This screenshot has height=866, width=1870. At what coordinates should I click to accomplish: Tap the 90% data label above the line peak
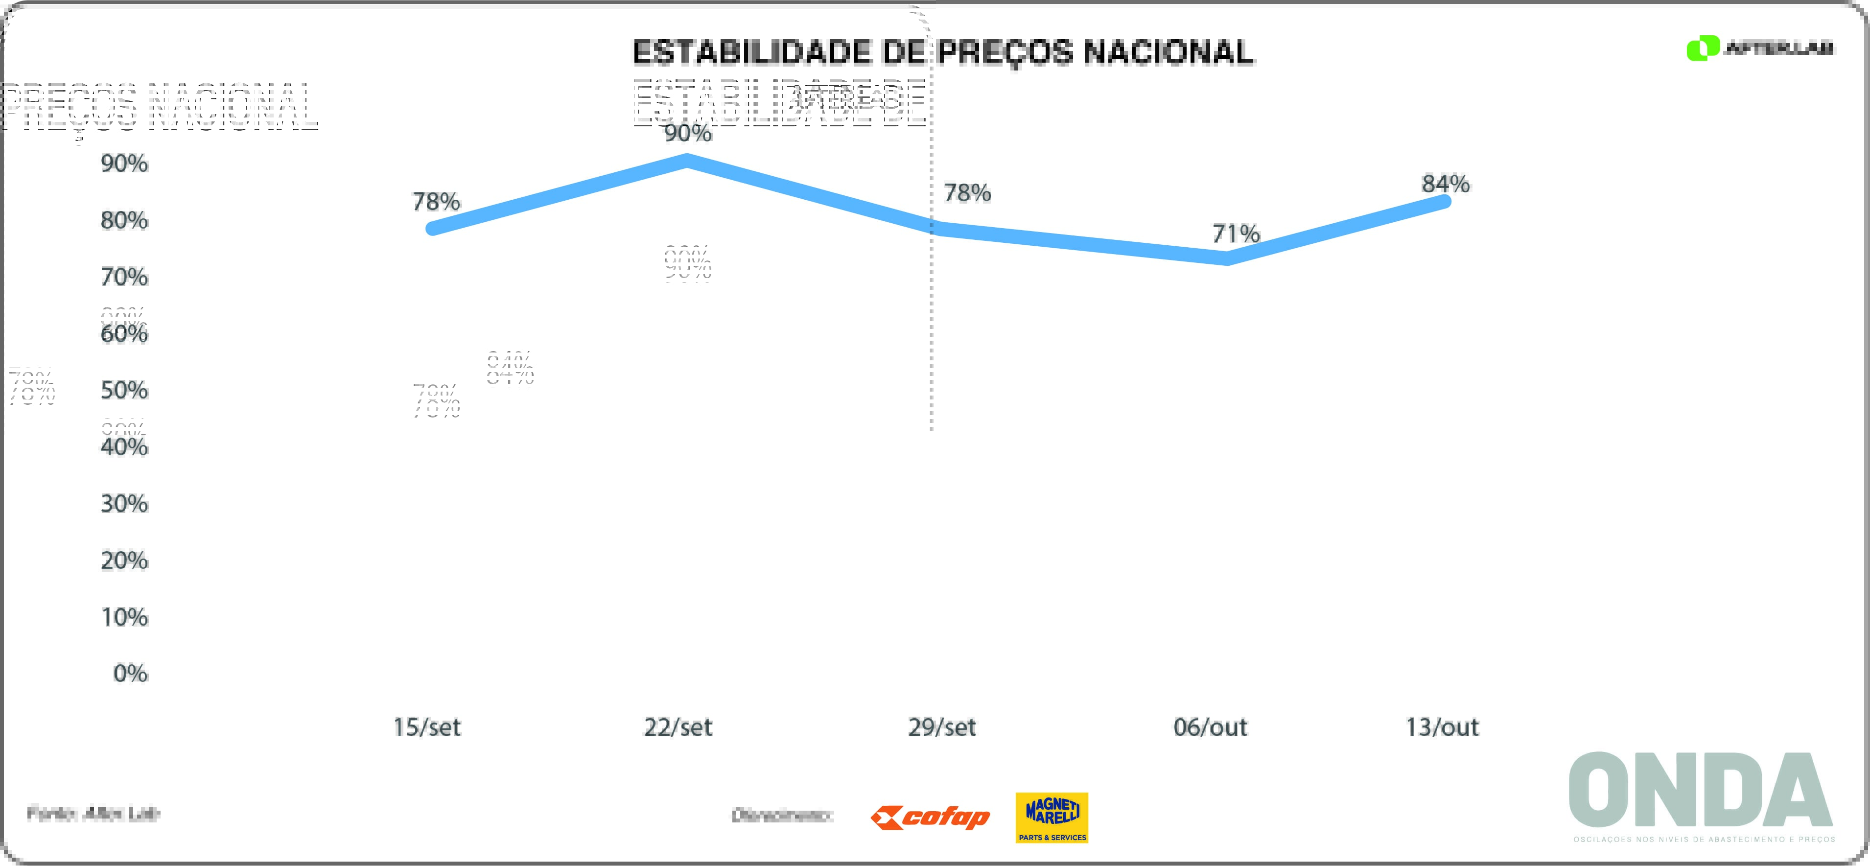(x=687, y=133)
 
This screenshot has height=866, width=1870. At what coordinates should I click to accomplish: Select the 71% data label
(x=1236, y=234)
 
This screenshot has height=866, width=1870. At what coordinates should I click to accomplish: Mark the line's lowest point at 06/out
(x=1227, y=258)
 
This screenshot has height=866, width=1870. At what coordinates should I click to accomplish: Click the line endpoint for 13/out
(x=1445, y=202)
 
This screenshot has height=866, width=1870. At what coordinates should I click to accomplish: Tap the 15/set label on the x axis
(x=427, y=726)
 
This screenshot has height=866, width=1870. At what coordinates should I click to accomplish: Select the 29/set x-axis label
(x=941, y=726)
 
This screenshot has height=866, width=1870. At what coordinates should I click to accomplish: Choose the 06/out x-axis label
(x=1210, y=726)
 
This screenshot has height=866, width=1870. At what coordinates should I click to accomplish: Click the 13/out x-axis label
(x=1442, y=726)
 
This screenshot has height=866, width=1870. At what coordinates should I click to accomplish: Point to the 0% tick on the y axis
(x=131, y=674)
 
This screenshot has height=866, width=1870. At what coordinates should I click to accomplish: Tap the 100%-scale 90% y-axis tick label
(x=124, y=164)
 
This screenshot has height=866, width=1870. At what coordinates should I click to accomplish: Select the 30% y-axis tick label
(x=124, y=504)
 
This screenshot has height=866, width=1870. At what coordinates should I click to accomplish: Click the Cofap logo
(x=930, y=818)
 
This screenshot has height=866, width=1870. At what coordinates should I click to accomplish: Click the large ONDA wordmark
(x=1700, y=791)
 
